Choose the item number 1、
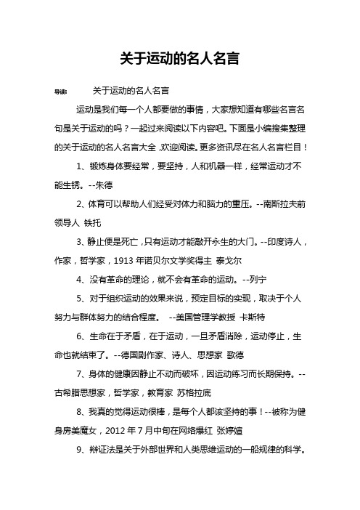(81, 166)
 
